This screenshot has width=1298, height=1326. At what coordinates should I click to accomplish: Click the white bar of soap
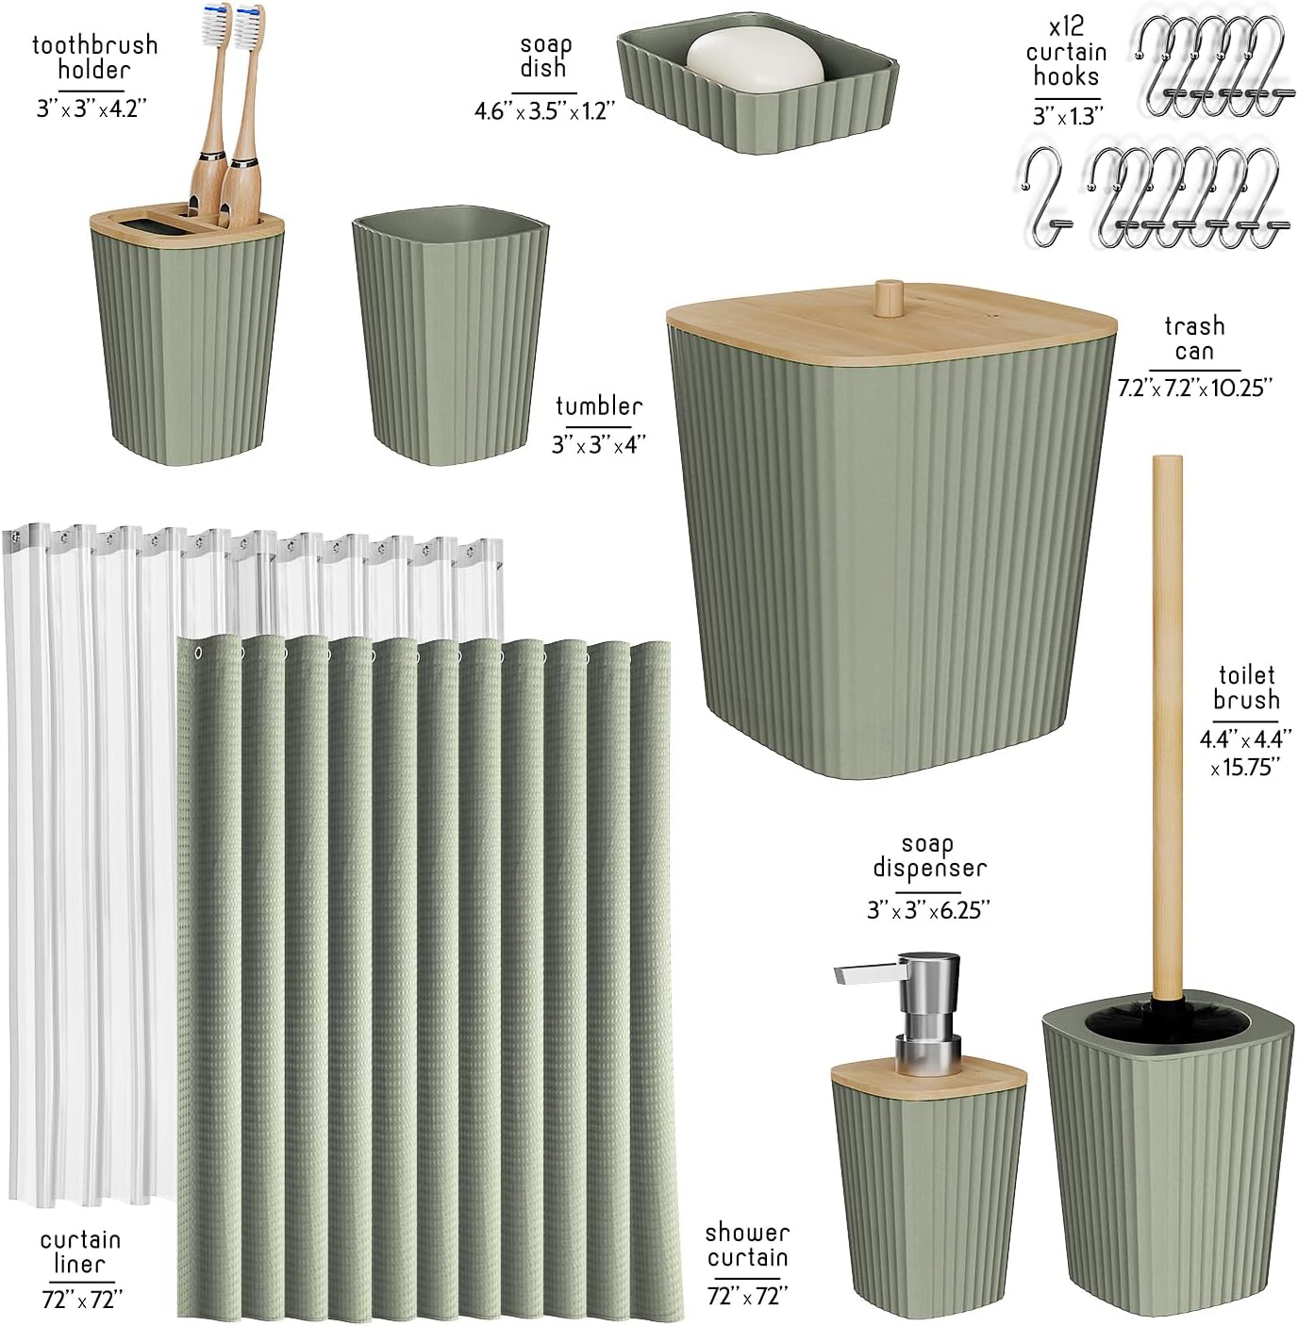755,61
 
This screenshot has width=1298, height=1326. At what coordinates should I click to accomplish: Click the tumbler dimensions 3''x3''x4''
598,445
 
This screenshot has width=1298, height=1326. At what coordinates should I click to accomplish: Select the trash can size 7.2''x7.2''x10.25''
1194,388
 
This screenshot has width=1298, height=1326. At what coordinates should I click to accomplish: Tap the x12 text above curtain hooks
1066,26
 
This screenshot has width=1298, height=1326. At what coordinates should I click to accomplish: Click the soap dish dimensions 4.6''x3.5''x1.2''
544,110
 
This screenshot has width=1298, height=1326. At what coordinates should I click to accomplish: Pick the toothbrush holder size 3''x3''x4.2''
92,108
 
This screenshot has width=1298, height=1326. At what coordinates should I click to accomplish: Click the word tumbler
599,406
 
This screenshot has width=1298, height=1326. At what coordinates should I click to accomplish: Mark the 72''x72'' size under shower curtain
747,1295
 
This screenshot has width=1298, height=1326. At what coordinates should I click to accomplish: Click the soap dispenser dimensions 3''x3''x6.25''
928,910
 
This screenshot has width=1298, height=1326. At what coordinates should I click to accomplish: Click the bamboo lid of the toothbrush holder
187,222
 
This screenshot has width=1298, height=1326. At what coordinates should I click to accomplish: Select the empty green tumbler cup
450,335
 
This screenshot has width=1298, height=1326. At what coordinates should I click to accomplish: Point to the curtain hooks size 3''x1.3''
1068,116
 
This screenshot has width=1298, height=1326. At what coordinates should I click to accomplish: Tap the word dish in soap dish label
543,68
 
